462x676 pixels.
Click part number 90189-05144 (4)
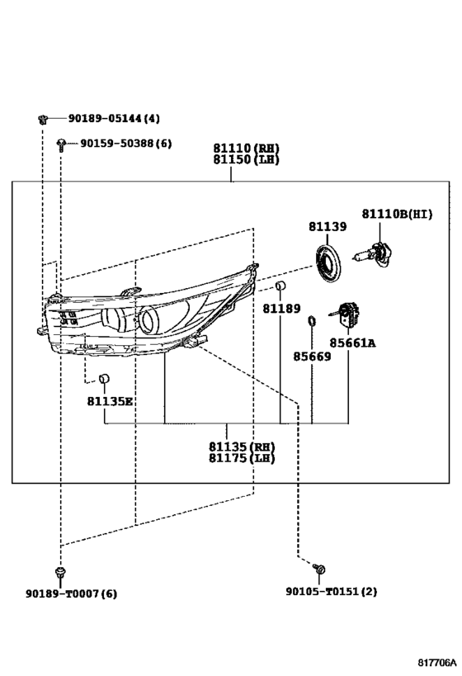[x=114, y=118]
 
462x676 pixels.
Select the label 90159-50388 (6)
[x=126, y=143]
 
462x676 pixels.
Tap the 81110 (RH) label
[x=247, y=149]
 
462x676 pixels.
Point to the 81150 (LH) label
[x=247, y=159]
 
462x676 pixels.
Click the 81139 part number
[x=328, y=227]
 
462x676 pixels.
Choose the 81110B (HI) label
[x=397, y=214]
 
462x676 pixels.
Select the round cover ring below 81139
[x=328, y=263]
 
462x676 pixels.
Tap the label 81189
[x=282, y=309]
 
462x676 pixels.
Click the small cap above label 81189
[x=280, y=286]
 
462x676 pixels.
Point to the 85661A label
[x=352, y=343]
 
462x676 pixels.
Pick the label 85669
[x=313, y=357]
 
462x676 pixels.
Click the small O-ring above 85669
[x=312, y=322]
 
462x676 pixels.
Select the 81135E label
[x=110, y=401]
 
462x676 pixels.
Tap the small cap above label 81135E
[x=104, y=379]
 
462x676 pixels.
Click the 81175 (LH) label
[x=242, y=458]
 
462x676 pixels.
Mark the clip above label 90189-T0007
[x=61, y=573]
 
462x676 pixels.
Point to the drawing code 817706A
[x=436, y=662]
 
